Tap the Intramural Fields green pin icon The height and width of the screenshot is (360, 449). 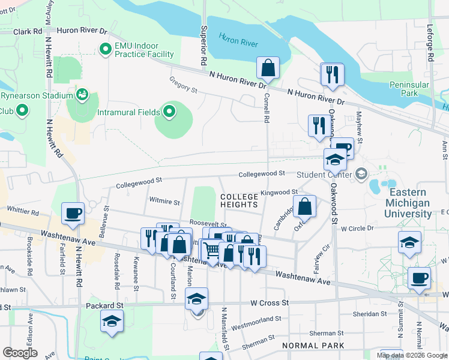coord(169,112)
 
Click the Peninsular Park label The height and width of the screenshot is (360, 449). coord(411,89)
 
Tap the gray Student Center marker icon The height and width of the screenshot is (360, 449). coord(361,175)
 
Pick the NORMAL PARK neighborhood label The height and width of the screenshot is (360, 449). coord(313,346)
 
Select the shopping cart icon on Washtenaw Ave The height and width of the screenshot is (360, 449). coord(210,250)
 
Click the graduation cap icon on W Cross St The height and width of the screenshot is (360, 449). coord(196,299)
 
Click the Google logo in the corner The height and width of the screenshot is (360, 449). coord(20,353)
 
